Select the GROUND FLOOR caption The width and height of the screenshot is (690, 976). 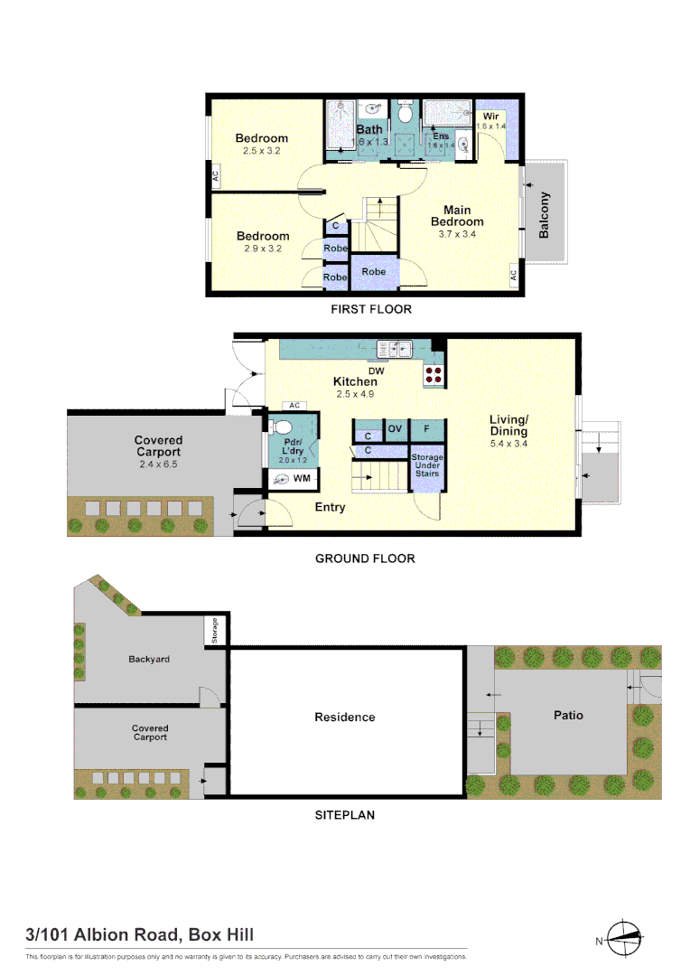tap(365, 558)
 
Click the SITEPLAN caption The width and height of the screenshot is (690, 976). tap(344, 814)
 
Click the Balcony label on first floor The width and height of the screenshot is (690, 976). tap(544, 214)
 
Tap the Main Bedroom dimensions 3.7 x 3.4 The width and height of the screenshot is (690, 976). tap(457, 233)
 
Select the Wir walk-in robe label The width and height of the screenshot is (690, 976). tap(490, 117)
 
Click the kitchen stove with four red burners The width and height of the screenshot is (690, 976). tap(433, 375)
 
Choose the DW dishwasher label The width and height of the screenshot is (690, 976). tap(377, 371)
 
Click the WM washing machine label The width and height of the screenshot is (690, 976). tap(302, 477)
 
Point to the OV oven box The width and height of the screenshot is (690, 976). tap(395, 428)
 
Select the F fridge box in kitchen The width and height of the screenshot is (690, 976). tap(426, 428)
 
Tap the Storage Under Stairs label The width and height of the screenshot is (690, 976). tap(427, 465)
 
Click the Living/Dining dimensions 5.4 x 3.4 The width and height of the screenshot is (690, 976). tap(508, 444)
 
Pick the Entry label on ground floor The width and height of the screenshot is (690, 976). tap(330, 507)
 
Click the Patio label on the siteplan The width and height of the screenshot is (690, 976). tap(568, 715)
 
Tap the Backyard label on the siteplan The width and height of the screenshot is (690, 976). tap(149, 659)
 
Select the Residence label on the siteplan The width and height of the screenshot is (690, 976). tap(344, 717)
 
